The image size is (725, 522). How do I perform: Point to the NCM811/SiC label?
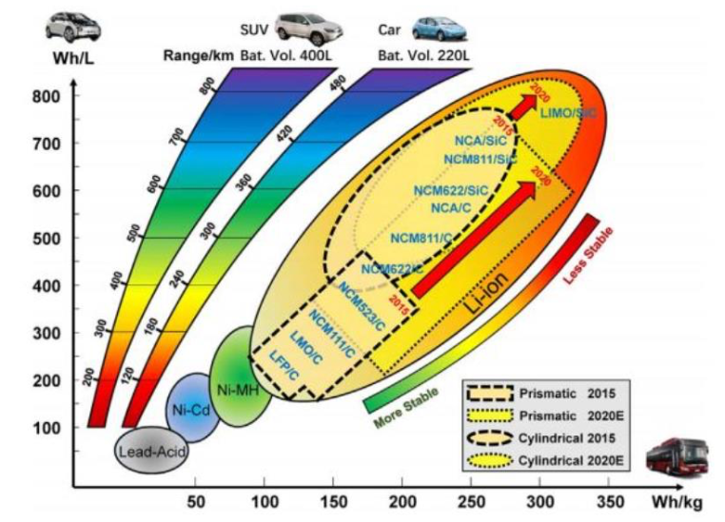click(x=480, y=158)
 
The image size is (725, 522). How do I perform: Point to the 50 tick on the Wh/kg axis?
click(x=196, y=501)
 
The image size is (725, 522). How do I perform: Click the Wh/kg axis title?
click(x=688, y=501)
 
